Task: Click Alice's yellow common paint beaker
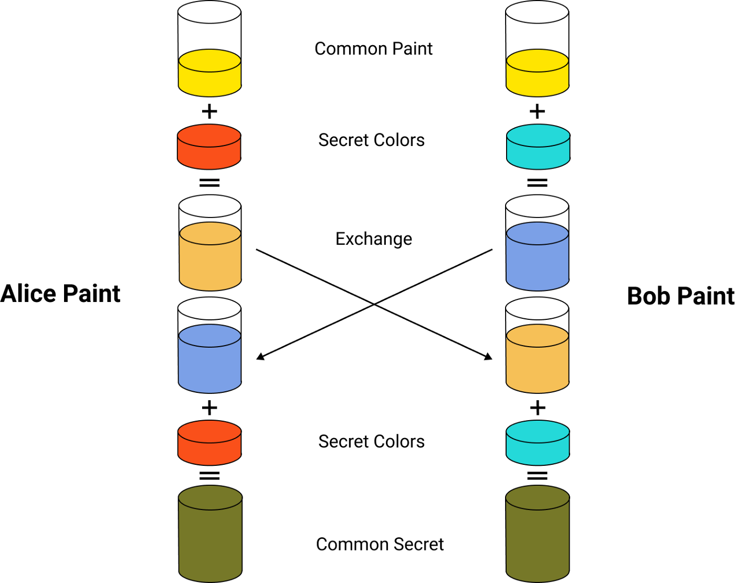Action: point(209,48)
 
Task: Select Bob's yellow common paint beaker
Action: point(537,48)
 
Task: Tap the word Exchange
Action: point(374,239)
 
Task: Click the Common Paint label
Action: point(374,48)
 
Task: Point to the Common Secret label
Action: point(380,544)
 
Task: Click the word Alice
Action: point(28,294)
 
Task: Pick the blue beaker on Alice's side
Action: point(209,345)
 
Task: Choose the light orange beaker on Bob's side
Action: point(537,345)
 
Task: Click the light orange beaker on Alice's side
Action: point(210,243)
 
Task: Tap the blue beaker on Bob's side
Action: point(537,243)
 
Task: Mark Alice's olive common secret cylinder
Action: point(211,534)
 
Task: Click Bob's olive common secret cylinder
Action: point(538,534)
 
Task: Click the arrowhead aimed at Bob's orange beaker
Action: point(489,357)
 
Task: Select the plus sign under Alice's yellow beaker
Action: point(209,111)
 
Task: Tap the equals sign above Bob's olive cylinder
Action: point(537,475)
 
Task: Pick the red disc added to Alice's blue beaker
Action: point(209,443)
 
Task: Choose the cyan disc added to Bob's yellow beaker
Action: point(538,147)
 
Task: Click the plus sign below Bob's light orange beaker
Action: point(538,408)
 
